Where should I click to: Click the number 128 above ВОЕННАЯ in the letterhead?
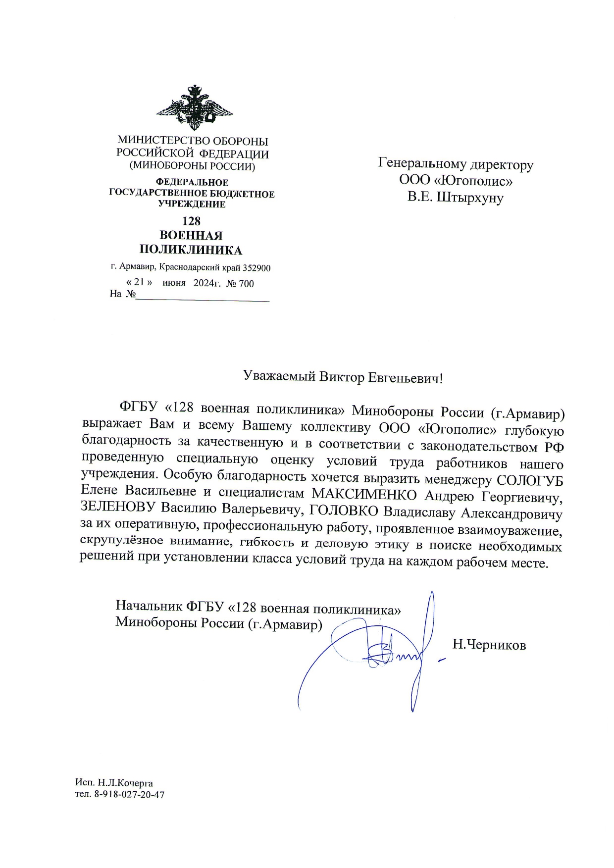click(191, 221)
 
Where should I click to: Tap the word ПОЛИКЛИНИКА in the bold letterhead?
click(191, 250)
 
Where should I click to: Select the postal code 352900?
click(256, 268)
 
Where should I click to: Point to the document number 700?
click(246, 283)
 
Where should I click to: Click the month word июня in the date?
click(174, 283)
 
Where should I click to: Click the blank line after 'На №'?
click(203, 296)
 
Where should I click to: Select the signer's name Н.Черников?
click(489, 645)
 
